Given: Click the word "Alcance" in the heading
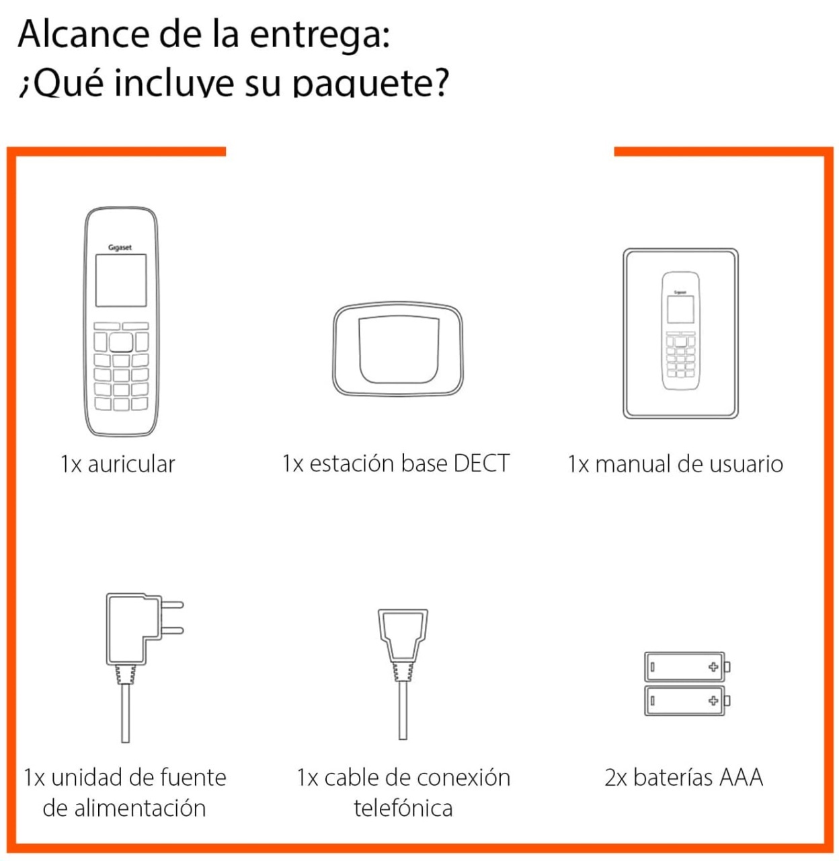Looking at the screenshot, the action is (x=83, y=34).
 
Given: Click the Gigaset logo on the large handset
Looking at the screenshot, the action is (x=120, y=248).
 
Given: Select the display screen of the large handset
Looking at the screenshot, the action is (x=121, y=280).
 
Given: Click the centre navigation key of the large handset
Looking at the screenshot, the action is (x=121, y=342).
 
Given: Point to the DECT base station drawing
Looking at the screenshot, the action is (x=397, y=349).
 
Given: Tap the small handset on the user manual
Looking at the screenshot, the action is (x=680, y=330).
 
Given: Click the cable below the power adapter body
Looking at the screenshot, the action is (x=126, y=712).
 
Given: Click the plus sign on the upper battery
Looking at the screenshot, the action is (x=713, y=667).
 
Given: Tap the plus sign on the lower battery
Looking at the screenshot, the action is (x=713, y=700).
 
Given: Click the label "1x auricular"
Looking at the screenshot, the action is (x=118, y=464).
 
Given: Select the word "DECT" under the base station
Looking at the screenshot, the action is (x=481, y=463).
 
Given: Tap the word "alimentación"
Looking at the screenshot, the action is (x=141, y=808).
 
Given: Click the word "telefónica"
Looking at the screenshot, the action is (x=403, y=808).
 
